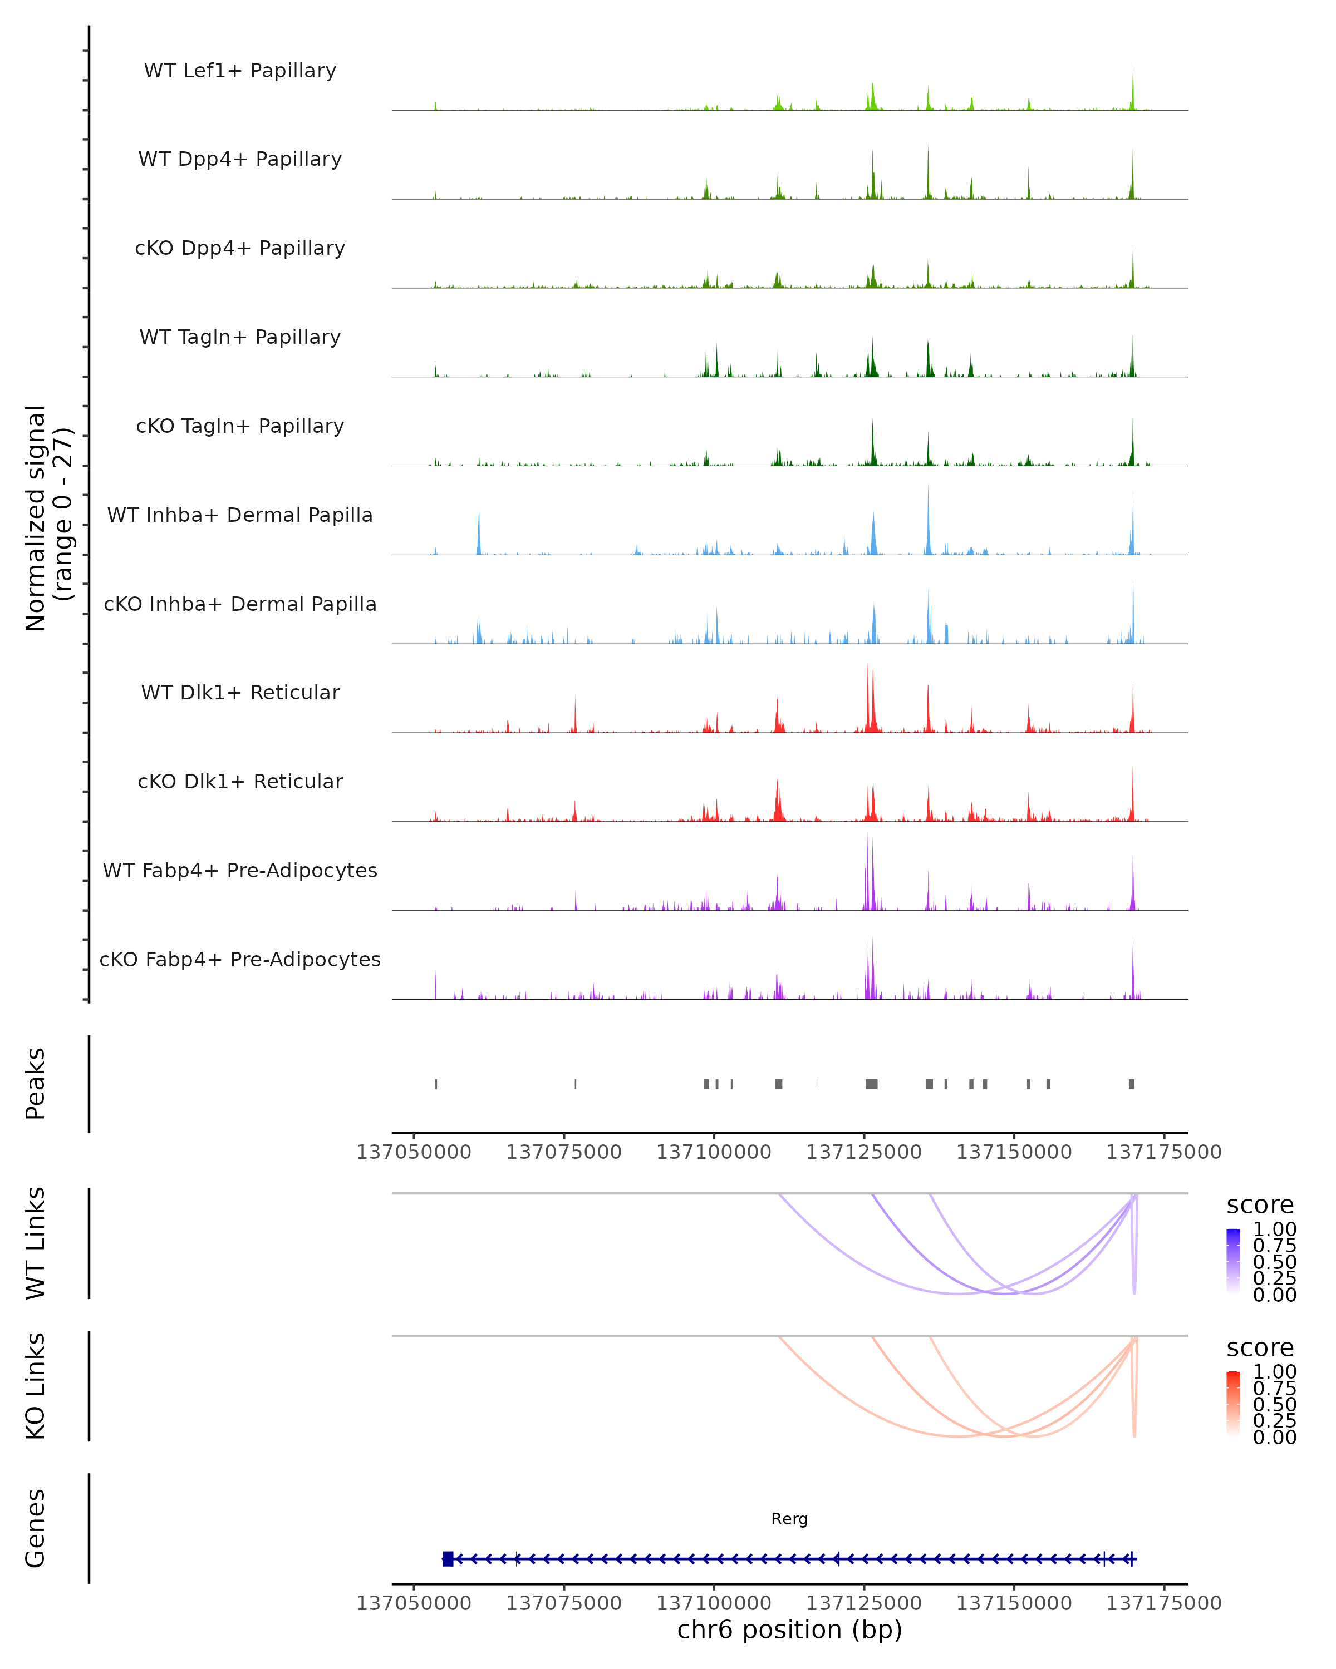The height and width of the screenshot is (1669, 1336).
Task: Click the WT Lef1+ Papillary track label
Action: [240, 71]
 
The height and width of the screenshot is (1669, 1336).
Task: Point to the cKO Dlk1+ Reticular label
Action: [240, 781]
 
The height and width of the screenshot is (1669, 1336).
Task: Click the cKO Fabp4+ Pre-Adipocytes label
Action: [240, 959]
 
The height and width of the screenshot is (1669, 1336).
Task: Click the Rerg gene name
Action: [789, 1519]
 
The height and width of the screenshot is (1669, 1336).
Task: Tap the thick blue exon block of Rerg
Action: [448, 1559]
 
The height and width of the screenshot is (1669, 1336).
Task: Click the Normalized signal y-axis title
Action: [48, 518]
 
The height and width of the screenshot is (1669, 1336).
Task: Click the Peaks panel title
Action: [35, 1084]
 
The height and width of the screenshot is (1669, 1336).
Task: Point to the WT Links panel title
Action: [35, 1243]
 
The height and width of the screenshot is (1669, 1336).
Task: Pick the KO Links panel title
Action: [35, 1386]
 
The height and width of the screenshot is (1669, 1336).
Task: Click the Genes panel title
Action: [35, 1528]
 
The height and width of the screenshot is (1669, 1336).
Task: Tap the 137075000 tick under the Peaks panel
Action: [564, 1152]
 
